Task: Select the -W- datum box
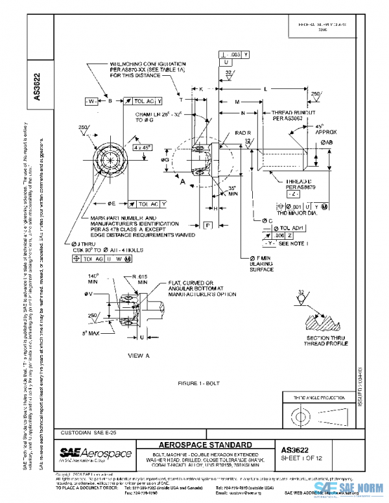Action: point(91,101)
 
